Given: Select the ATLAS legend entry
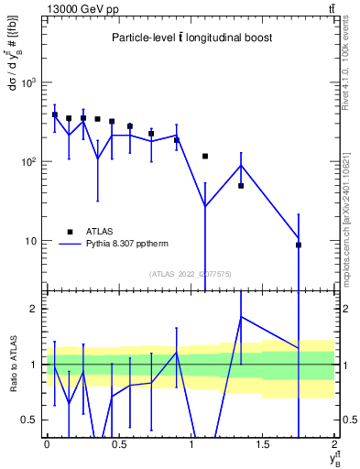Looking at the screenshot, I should point(101,232).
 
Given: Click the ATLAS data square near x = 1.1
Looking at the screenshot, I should point(205,157).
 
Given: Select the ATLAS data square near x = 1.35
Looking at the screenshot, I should point(241,186).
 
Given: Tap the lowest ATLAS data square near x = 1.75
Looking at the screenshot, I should point(299,245).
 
